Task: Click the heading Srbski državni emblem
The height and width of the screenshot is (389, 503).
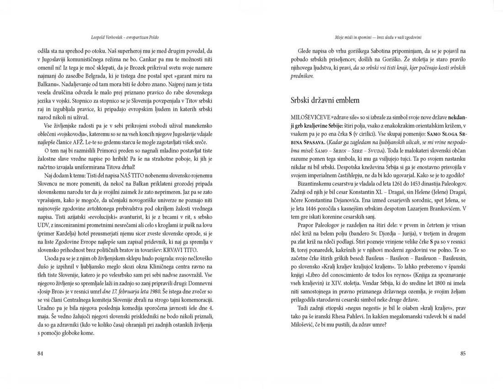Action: pos(325,100)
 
